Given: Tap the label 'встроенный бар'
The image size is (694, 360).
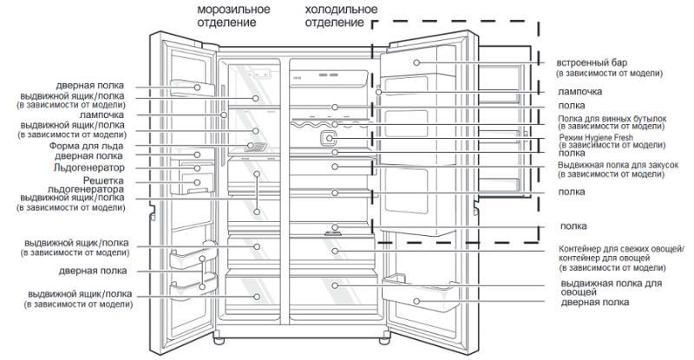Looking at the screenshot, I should coord(591,63).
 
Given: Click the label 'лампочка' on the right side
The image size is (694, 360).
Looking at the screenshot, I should coord(580,90).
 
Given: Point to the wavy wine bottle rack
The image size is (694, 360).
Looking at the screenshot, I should coord(334,125).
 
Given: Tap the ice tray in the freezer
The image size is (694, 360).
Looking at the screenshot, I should coord(256,147).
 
